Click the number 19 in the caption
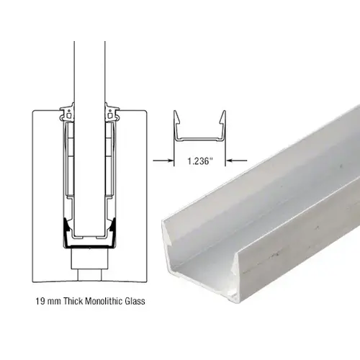pyautogui.click(x=38, y=302)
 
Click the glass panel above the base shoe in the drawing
pyautogui.click(x=90, y=65)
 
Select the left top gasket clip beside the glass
pyautogui.click(x=71, y=112)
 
